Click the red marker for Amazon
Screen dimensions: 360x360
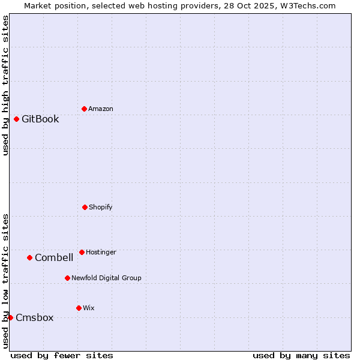click(x=84, y=109)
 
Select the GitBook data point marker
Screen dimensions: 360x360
click(x=16, y=119)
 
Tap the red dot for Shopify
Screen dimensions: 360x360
click(x=85, y=207)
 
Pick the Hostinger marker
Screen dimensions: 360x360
click(x=82, y=252)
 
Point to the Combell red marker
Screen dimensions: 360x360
click(x=29, y=257)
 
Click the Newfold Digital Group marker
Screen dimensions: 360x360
click(x=67, y=278)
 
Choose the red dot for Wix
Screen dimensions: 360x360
click(x=79, y=308)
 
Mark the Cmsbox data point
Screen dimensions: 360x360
click(x=10, y=317)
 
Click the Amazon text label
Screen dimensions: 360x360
click(x=101, y=109)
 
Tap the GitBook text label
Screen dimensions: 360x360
click(x=40, y=119)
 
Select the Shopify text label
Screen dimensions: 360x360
click(x=101, y=207)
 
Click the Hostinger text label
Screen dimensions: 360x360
click(x=101, y=252)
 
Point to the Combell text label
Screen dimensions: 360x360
click(x=54, y=257)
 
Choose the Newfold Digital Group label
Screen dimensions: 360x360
click(x=106, y=278)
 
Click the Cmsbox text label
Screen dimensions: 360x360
click(x=34, y=317)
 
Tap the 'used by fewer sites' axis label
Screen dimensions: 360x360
click(x=62, y=355)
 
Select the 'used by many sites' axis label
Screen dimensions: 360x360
click(x=301, y=355)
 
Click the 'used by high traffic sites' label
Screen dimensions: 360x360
click(x=5, y=85)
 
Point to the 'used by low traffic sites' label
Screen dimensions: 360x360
click(x=5, y=281)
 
